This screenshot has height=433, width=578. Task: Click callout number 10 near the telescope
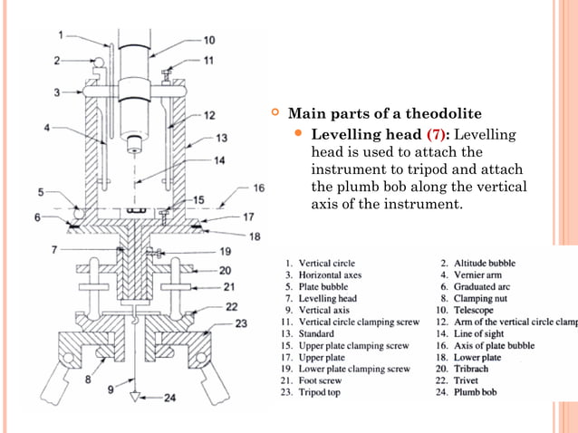[208, 40]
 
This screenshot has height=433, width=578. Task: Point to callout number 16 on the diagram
[258, 188]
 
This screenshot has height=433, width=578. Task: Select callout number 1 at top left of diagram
[61, 35]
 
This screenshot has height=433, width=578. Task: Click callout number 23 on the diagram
[241, 323]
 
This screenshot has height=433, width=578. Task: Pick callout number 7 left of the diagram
[54, 248]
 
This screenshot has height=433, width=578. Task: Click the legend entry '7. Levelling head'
[322, 298]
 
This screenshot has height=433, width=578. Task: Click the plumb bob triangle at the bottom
[133, 396]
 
